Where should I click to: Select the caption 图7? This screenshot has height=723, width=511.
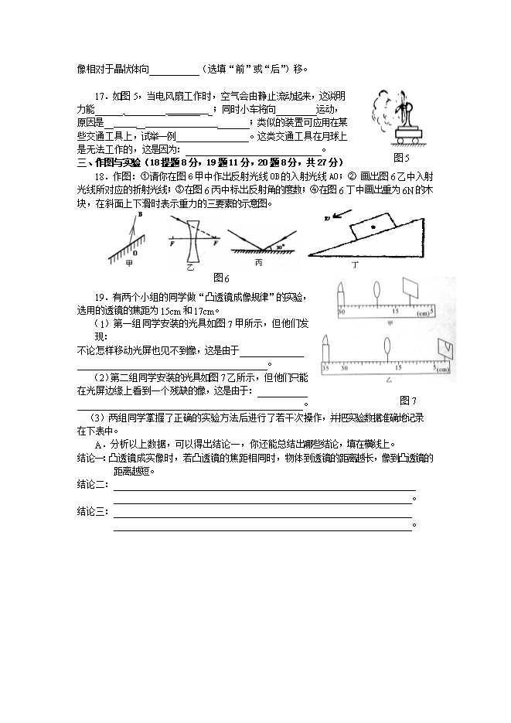pyautogui.click(x=408, y=400)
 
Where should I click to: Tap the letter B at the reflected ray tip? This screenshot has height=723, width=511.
pyautogui.click(x=139, y=217)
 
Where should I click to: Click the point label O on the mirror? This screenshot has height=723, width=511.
pyautogui.click(x=136, y=252)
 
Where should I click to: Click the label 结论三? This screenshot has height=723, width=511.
pyautogui.click(x=91, y=511)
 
